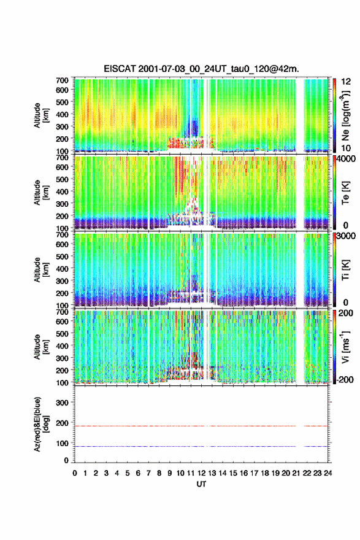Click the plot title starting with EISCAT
coord(201,69)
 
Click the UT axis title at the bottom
coord(201,484)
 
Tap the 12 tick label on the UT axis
coord(201,473)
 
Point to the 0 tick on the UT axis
coord(75,473)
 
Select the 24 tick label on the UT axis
coord(327,473)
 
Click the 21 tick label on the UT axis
coord(296,473)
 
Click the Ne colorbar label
coord(345,116)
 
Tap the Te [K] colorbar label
coord(345,193)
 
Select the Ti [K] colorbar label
coord(345,270)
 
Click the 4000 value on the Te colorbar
coord(347,160)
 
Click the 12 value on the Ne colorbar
coord(347,82)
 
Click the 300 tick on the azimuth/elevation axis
coord(63,403)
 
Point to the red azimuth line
coord(201,426)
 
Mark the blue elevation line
coord(201,446)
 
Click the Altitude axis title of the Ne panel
coord(40,116)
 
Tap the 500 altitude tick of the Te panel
coord(63,179)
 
